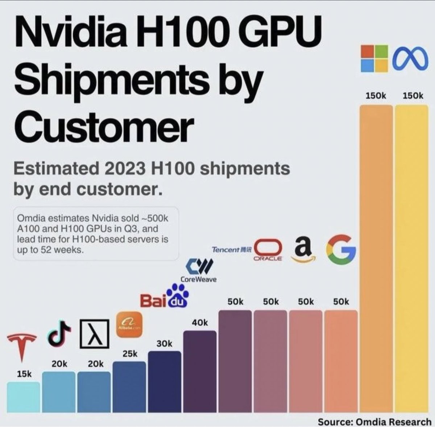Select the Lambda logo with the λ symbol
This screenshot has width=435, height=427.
pos(95,334)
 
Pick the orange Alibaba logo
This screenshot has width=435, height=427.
pos(129,325)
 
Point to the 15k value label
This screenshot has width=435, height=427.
pos(24,374)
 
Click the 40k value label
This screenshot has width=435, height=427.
pos(200,322)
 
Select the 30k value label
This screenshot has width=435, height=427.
pos(165,343)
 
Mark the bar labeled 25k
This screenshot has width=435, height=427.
pos(129,387)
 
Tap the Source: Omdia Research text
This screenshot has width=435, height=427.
pos(374,422)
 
